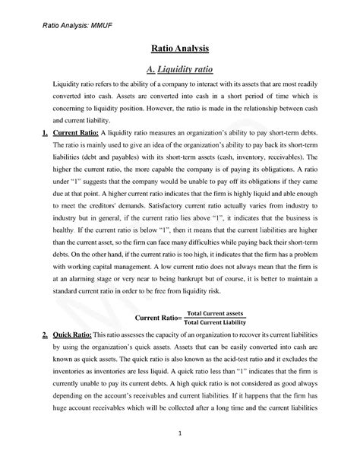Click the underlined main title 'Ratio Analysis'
(180, 48)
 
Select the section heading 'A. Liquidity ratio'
(180, 68)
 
